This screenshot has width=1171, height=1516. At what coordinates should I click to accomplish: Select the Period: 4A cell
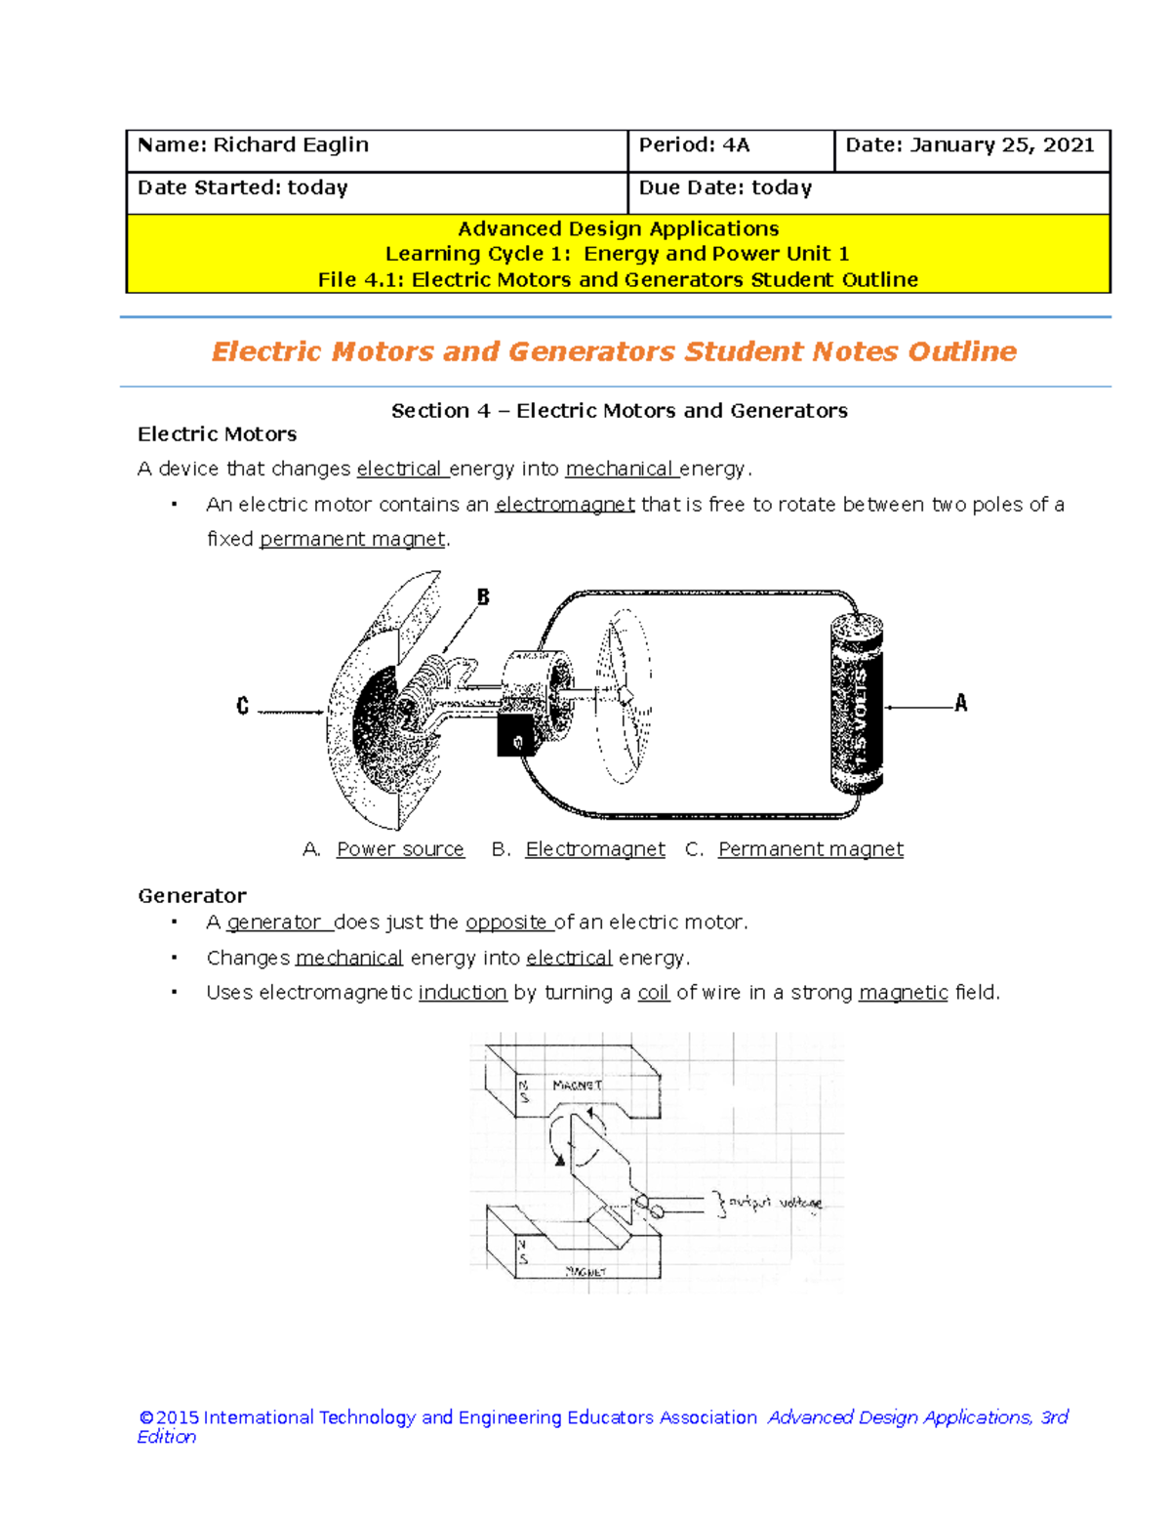(x=694, y=145)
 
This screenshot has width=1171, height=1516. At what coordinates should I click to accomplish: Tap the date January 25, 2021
(x=1001, y=145)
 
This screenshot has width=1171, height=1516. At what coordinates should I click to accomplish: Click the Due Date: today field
(x=725, y=188)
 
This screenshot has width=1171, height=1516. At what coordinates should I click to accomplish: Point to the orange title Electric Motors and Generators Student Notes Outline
(x=614, y=351)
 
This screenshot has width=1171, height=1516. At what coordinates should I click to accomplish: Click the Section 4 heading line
(x=619, y=411)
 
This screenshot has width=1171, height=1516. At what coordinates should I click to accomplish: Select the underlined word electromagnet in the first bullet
(x=565, y=505)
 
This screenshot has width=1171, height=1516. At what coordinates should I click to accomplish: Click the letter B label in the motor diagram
(x=483, y=596)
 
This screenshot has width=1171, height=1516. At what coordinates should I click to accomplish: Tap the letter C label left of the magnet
(x=243, y=706)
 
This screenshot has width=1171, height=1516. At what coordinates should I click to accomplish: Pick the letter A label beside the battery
(x=960, y=703)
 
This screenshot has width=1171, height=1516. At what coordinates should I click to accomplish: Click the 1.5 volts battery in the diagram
(x=857, y=702)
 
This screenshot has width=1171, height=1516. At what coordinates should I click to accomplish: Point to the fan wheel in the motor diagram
(x=624, y=696)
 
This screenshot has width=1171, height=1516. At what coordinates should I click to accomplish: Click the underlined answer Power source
(x=400, y=849)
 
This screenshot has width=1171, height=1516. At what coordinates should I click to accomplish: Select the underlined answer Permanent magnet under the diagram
(x=810, y=849)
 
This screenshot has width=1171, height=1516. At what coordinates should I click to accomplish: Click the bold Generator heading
(x=192, y=896)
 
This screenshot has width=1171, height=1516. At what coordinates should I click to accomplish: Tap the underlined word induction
(x=463, y=993)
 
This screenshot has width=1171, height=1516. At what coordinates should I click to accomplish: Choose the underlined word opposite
(x=506, y=922)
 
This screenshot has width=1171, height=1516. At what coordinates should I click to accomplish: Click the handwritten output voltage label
(x=776, y=1203)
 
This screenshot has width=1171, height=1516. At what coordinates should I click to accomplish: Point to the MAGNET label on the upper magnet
(x=577, y=1085)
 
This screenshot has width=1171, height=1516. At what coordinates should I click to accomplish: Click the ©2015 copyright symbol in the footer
(x=146, y=1417)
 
